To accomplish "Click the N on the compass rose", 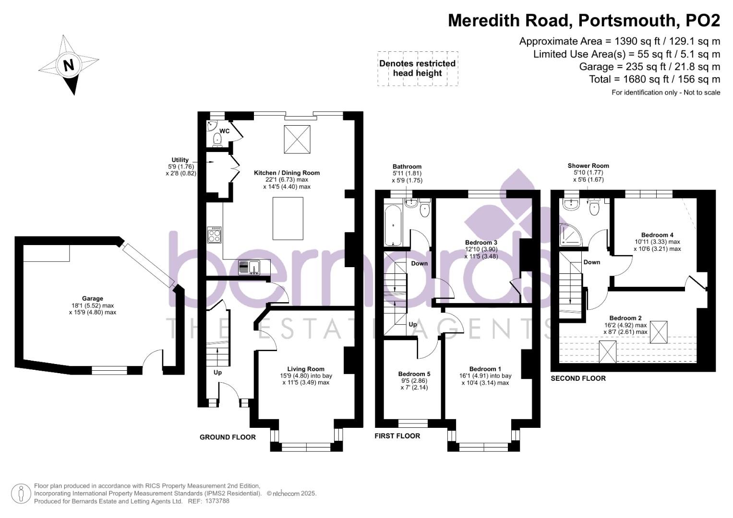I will tap(69, 65).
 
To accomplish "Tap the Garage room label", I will tap(92, 298).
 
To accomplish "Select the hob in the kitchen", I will tap(214, 235).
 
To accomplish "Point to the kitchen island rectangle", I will tap(288, 218).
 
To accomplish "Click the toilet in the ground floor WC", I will tap(217, 140).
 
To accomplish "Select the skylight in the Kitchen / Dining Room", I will tap(297, 139).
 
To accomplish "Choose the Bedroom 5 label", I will tap(414, 374).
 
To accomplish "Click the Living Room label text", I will tap(306, 369).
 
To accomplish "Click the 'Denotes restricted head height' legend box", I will tap(417, 69).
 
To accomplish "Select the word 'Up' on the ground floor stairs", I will tap(217, 372).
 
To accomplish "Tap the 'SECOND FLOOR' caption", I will tap(578, 378).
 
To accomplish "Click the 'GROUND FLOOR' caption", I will tap(228, 437).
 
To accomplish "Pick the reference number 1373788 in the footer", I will tap(217, 501).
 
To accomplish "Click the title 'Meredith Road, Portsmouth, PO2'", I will tap(584, 21).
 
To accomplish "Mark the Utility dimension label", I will tap(180, 166).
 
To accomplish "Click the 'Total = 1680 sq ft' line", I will tap(654, 79).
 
